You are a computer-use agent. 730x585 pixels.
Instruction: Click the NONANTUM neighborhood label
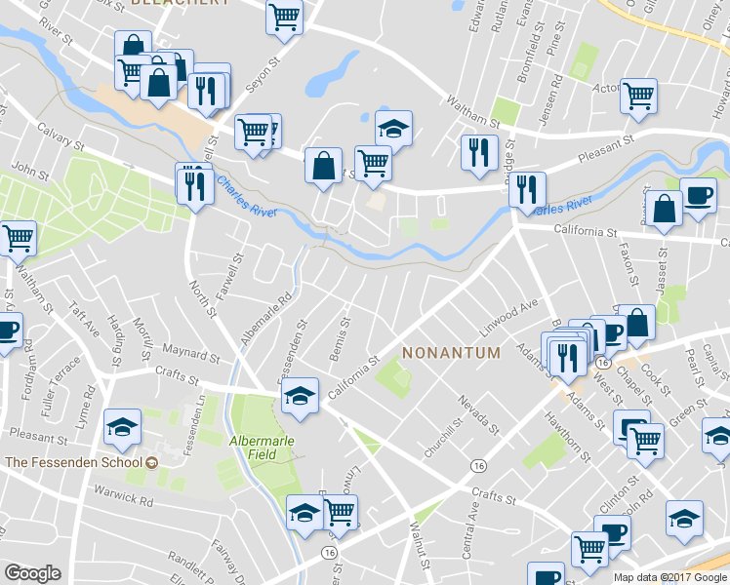[451, 352]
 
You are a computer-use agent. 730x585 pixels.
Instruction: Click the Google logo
[32, 573]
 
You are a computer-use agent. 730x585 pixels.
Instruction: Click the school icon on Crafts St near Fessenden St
[300, 395]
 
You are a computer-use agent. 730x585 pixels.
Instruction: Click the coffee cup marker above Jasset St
[698, 193]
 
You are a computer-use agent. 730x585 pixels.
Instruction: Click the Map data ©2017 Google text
[669, 577]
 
